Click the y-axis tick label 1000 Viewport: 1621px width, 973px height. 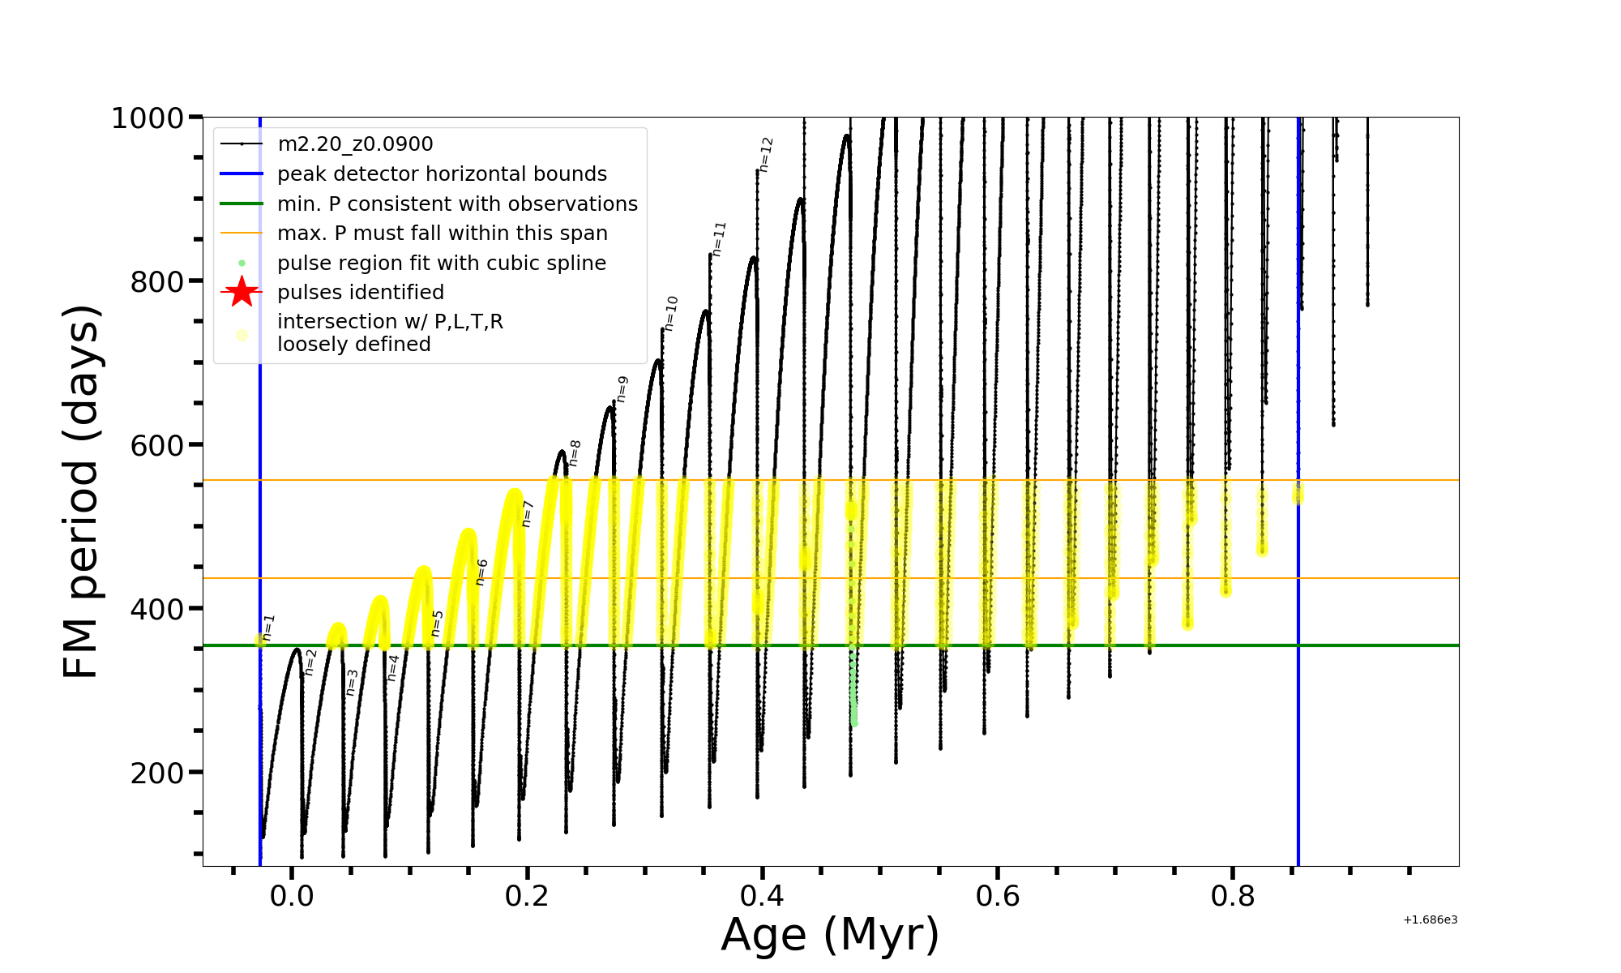(x=148, y=118)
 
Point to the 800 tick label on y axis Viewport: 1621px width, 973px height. (x=157, y=282)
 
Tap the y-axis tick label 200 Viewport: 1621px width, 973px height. (x=157, y=773)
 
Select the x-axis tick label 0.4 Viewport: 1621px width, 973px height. (x=762, y=896)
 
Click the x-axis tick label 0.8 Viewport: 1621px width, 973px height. (x=1233, y=896)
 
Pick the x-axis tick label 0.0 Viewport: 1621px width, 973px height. (x=292, y=896)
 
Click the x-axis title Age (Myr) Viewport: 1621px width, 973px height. (x=830, y=935)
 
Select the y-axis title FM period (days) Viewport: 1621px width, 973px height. (x=82, y=491)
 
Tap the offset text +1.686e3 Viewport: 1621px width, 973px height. (x=1430, y=919)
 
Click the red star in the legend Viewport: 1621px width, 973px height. (x=242, y=292)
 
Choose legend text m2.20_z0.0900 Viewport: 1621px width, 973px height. (x=355, y=144)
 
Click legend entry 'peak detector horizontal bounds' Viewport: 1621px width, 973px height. (x=442, y=174)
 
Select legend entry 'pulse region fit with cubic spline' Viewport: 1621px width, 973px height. (x=441, y=264)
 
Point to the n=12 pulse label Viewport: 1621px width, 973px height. (x=767, y=154)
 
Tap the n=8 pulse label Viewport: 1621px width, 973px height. (x=575, y=453)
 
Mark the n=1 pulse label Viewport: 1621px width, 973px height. (x=269, y=628)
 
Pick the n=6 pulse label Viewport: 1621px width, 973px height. (x=482, y=572)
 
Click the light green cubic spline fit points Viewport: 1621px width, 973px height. (x=853, y=689)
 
